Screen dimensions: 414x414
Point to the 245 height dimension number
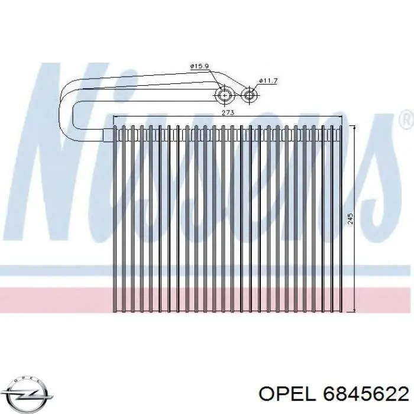pyautogui.click(x=350, y=219)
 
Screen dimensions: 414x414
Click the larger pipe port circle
pyautogui.click(x=225, y=95)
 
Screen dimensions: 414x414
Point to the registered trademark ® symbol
pyautogui.click(x=406, y=119)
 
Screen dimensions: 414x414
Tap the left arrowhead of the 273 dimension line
pyautogui.click(x=116, y=116)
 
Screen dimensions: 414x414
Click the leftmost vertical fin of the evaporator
pyautogui.click(x=116, y=219)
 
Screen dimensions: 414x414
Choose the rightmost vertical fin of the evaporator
pyautogui.click(x=342, y=219)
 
